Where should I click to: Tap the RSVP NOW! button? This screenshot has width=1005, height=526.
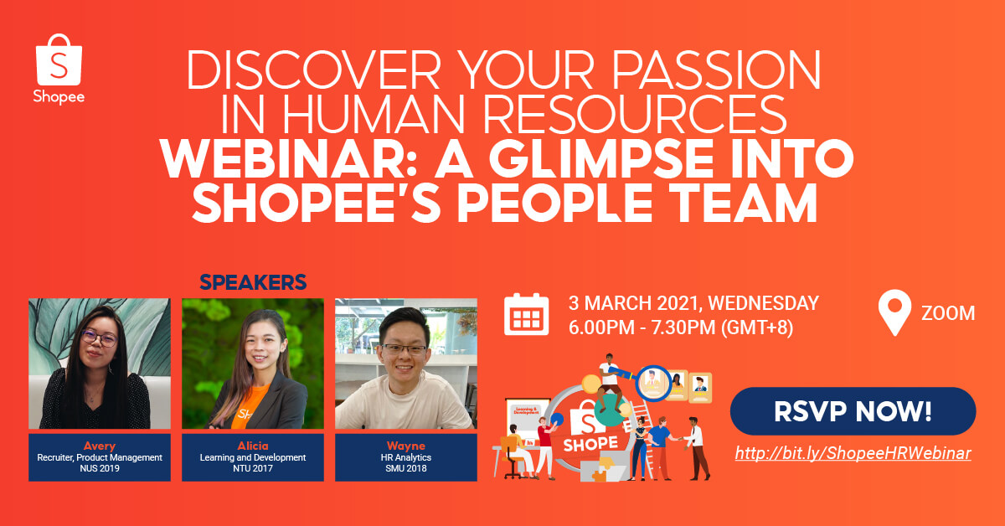(853, 411)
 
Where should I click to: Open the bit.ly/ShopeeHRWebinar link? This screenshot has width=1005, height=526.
(853, 453)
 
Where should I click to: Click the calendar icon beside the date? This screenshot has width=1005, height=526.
(526, 314)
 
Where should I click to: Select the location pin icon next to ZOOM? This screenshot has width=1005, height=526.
(894, 313)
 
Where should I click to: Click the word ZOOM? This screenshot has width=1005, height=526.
(948, 313)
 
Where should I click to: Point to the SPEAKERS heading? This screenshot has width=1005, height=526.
(253, 282)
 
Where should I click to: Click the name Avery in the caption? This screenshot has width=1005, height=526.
(99, 446)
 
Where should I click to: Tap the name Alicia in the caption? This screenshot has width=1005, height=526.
(253, 446)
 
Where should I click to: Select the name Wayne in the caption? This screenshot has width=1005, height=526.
(406, 446)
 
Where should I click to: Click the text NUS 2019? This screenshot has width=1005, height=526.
(99, 469)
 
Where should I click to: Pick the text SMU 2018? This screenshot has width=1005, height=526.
(406, 469)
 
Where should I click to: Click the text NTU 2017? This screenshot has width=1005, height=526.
(253, 469)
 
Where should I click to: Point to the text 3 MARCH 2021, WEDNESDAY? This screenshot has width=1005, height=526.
(693, 303)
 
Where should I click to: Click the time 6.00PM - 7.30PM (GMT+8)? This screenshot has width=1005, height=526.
(681, 327)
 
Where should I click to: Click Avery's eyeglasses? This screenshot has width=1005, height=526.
(99, 339)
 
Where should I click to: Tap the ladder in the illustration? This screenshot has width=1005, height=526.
(642, 418)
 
